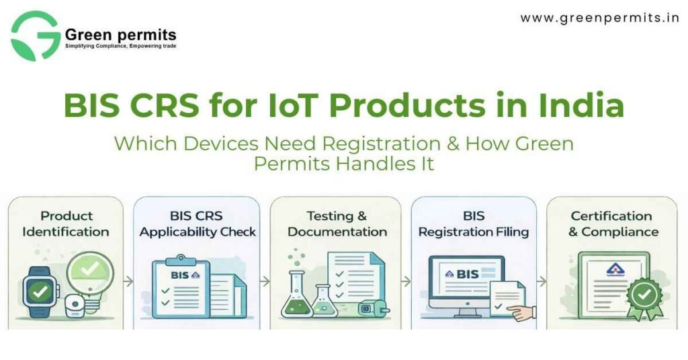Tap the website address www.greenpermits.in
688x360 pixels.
600,18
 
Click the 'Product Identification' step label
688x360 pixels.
66,224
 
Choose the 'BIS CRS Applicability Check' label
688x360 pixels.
198,224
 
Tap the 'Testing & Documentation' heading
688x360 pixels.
337,224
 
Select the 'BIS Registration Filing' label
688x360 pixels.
474,224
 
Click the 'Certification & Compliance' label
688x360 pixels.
611,224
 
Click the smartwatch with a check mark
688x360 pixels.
41,293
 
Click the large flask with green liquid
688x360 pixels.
296,300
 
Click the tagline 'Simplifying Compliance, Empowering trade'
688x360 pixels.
120,46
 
